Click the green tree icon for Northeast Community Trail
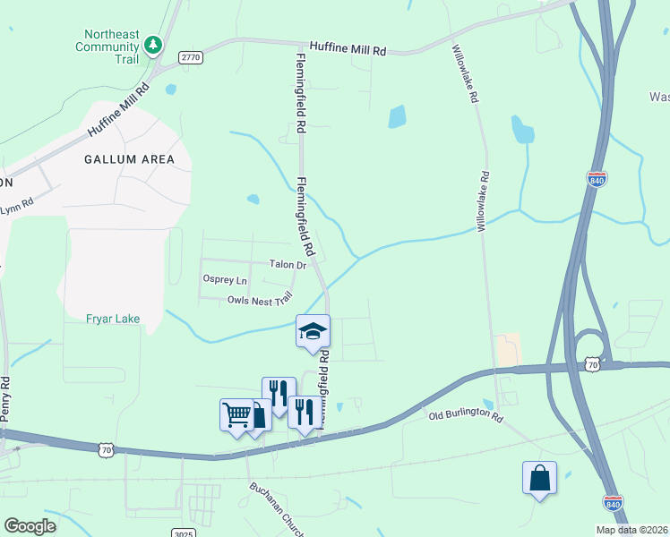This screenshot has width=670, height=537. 153,43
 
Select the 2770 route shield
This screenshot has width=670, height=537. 191,57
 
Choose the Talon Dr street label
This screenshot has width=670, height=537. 288,265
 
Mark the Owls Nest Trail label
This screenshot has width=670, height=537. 260,302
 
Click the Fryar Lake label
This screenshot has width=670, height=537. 113,318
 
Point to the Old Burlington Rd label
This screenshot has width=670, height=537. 465,417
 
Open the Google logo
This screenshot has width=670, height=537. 30,526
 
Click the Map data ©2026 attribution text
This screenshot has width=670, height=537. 631,530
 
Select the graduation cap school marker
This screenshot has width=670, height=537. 314,332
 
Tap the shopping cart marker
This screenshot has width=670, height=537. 236,414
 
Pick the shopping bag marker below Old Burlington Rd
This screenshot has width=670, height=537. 540,478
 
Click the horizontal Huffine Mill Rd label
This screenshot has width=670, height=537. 348,49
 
